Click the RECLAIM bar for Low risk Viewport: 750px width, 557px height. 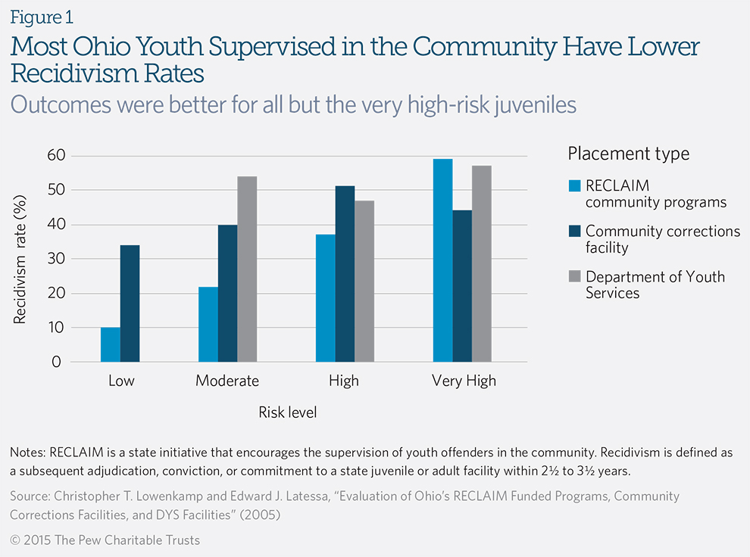point(111,344)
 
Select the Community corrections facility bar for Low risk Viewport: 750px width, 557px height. point(130,303)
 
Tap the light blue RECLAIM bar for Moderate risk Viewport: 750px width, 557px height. point(208,324)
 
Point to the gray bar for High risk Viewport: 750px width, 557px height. point(364,281)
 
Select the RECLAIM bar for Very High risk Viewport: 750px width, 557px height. point(443,260)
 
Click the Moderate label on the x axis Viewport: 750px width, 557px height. point(227,381)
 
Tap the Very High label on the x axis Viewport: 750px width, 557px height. point(464,381)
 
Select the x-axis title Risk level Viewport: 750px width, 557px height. point(287,412)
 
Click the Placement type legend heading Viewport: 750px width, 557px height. point(629,154)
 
